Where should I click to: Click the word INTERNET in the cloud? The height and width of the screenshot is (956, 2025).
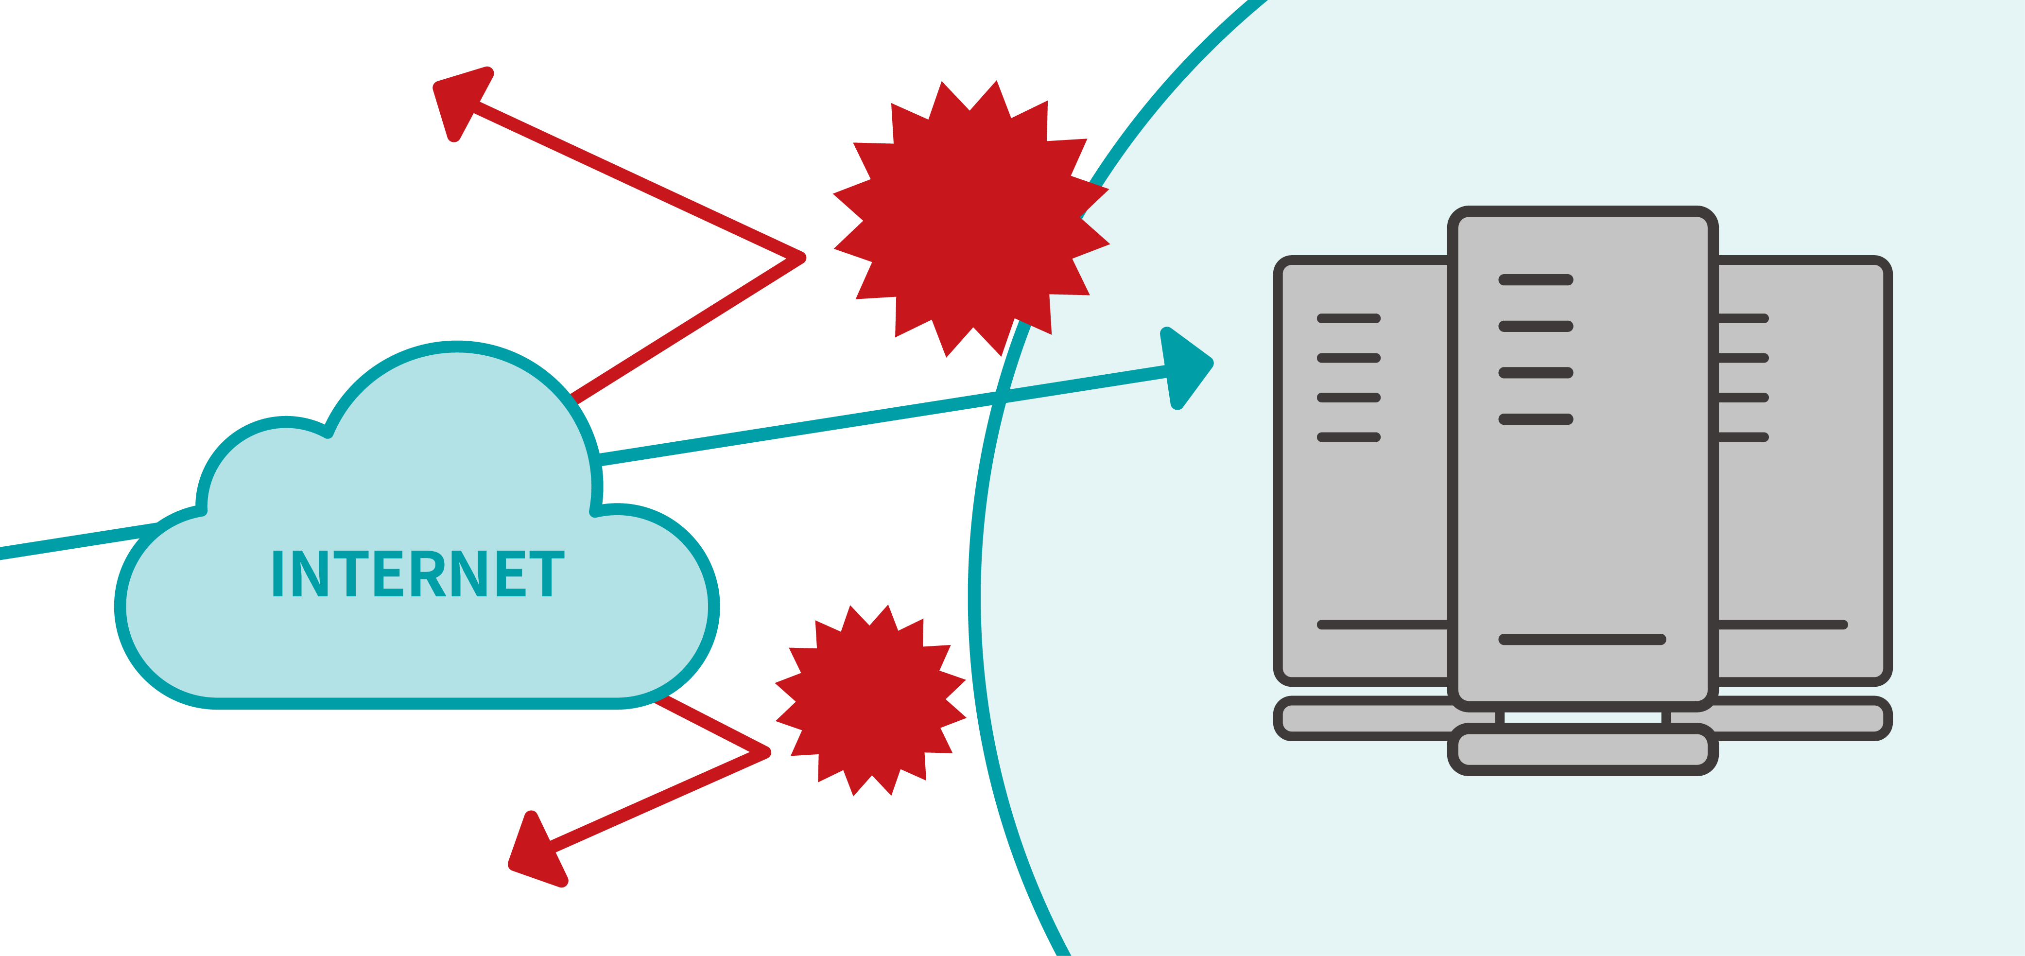pyautogui.click(x=417, y=574)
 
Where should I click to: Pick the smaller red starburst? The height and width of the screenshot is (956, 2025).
pyautogui.click(x=870, y=700)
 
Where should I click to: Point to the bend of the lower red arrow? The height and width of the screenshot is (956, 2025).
pyautogui.click(x=765, y=751)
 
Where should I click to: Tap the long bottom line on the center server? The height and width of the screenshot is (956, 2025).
pyautogui.click(x=1582, y=639)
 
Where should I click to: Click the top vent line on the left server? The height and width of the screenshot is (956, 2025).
pyautogui.click(x=1348, y=318)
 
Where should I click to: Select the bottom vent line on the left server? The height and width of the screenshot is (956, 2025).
pyautogui.click(x=1348, y=437)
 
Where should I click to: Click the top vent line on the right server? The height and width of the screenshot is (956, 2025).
pyautogui.click(x=1743, y=318)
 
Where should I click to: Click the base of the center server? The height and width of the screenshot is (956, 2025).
pyautogui.click(x=1582, y=749)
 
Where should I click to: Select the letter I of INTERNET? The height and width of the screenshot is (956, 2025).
pyautogui.click(x=277, y=574)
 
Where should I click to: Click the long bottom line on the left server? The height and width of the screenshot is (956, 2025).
pyautogui.click(x=1382, y=625)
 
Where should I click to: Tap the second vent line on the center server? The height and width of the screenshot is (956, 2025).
pyautogui.click(x=1535, y=326)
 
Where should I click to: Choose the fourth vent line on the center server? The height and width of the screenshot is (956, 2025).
pyautogui.click(x=1535, y=419)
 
